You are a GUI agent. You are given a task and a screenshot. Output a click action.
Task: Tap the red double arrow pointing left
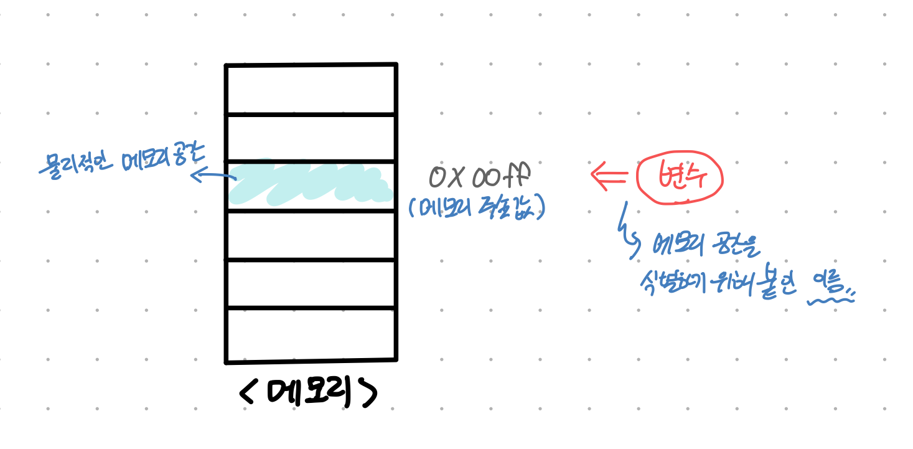[608, 174]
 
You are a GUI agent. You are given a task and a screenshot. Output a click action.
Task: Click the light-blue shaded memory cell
[310, 186]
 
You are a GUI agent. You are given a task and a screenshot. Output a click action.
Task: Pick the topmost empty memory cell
[311, 90]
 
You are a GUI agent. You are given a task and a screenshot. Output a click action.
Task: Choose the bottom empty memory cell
[311, 334]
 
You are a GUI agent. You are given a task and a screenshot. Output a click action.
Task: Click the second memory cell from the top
[311, 138]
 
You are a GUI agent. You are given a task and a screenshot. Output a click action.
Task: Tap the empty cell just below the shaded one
[311, 235]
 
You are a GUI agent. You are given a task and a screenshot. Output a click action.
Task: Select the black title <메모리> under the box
[309, 392]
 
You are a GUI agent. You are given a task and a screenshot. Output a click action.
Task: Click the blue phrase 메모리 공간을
[706, 248]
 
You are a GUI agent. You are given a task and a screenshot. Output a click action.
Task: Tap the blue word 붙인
[777, 287]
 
